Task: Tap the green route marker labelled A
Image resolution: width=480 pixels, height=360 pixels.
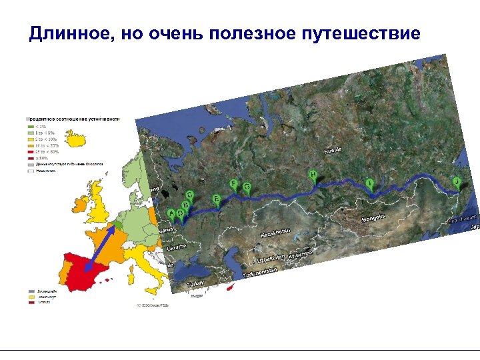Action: (171, 213)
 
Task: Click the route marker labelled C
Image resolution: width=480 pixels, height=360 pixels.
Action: (189, 195)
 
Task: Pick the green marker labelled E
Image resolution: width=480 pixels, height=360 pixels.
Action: (217, 199)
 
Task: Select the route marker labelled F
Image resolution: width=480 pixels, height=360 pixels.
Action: (233, 183)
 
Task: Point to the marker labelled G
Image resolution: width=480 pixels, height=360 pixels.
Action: (247, 187)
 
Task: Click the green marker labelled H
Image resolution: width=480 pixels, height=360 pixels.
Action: (313, 175)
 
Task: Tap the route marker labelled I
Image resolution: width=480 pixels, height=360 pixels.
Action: (370, 182)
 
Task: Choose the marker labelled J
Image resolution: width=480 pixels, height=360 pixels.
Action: (457, 181)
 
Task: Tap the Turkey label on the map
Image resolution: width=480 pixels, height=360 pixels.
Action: (196, 284)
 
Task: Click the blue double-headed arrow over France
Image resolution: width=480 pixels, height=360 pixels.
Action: (101, 248)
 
